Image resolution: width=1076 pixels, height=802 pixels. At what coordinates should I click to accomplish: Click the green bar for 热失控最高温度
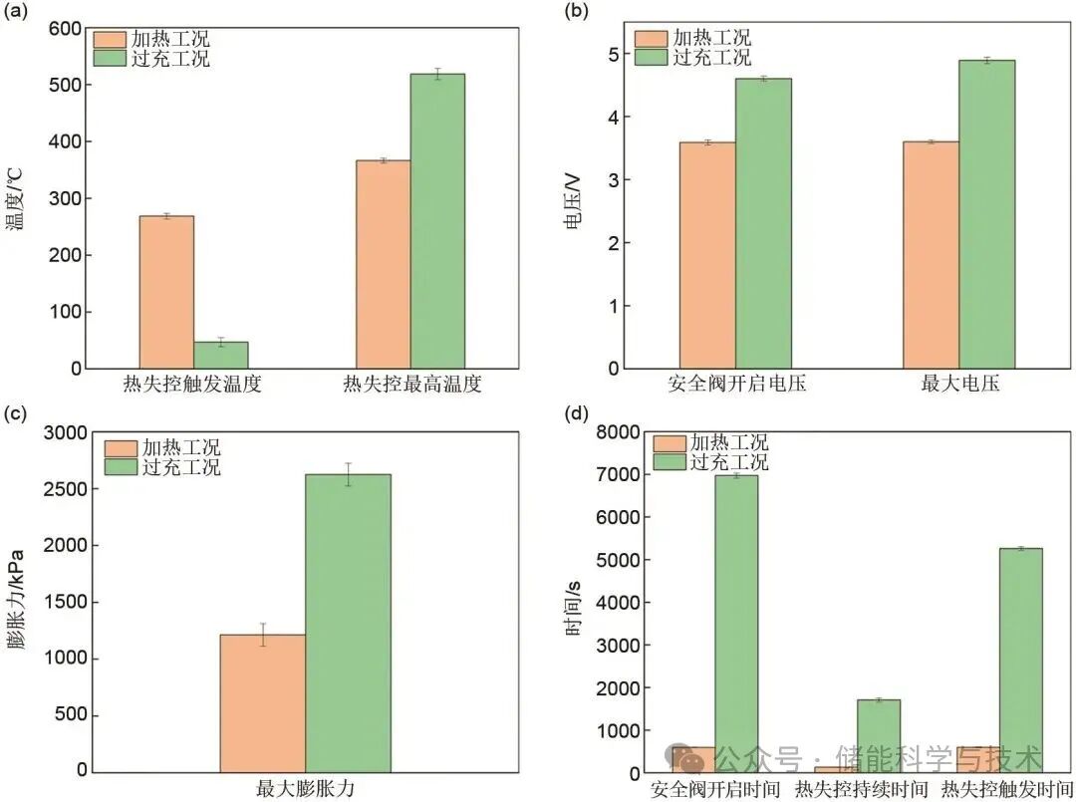coord(437,221)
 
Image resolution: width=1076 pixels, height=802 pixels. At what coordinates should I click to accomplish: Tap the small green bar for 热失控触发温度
coord(221,356)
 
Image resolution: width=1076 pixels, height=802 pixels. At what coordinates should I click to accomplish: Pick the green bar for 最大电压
coord(986,214)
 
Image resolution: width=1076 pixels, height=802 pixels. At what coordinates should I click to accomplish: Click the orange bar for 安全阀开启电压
coord(707,255)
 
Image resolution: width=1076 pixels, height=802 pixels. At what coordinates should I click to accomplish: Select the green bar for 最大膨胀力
coord(348,623)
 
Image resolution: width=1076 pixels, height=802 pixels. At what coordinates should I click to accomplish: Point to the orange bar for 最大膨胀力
coord(262,702)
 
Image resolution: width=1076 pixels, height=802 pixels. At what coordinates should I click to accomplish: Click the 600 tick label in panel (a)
coord(66,29)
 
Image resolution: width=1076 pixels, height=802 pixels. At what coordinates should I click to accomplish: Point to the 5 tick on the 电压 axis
coord(612,54)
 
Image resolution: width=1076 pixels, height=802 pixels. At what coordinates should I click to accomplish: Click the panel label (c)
coord(17,412)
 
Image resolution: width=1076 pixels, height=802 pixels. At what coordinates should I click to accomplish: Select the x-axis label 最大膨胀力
coord(305,789)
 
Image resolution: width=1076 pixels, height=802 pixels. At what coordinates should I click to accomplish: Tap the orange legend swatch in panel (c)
coord(122,448)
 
